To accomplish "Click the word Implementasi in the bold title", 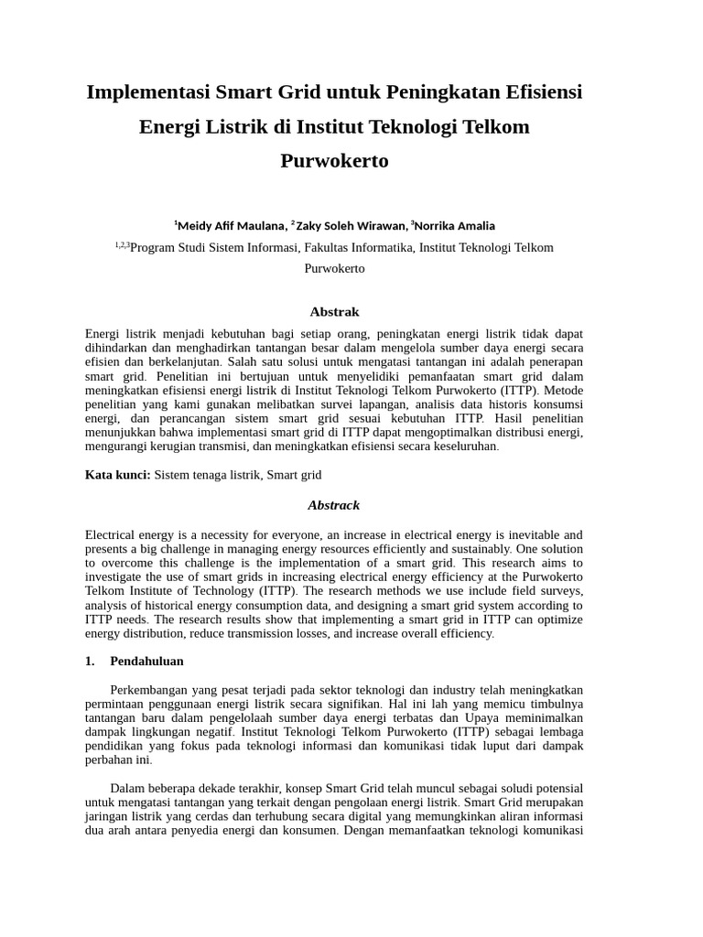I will pos(146,92).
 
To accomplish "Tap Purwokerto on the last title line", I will pos(334,161).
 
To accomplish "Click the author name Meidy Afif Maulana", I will pos(232,226).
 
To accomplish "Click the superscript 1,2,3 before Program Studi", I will pos(123,244).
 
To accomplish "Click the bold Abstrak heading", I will pos(334,312).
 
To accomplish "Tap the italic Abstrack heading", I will pos(334,505).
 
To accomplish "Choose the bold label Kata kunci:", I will pos(118,475).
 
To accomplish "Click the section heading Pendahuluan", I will pos(146,661).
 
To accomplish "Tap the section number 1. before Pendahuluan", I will pos(90,661).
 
